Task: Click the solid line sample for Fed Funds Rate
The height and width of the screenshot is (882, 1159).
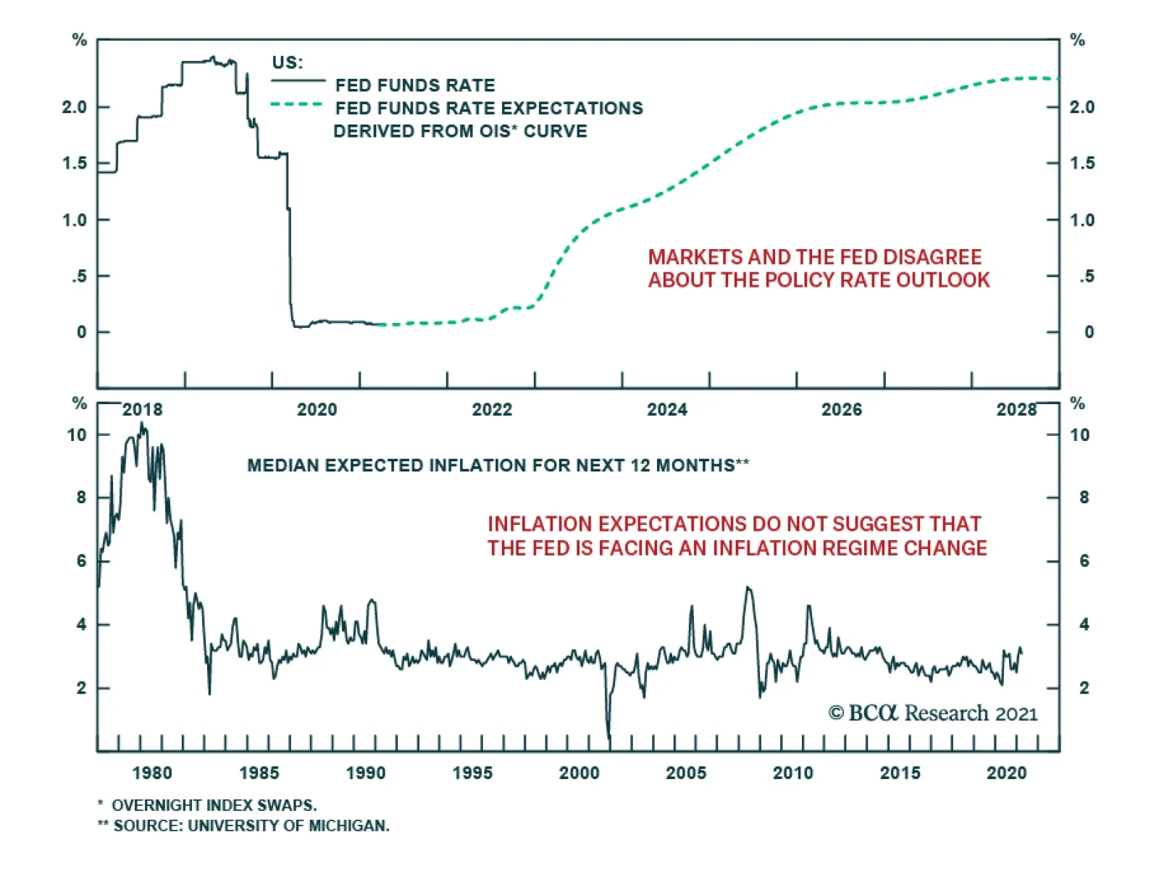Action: pos(298,80)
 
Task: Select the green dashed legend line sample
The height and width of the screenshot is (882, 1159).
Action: pos(296,104)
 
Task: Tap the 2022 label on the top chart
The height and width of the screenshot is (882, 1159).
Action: pos(492,410)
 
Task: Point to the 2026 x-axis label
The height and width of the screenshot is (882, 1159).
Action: pos(841,410)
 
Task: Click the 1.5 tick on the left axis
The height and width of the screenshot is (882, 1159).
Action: pos(75,164)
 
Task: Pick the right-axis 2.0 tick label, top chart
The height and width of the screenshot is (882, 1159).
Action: pos(1082,107)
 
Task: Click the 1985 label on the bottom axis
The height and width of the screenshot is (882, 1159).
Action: pos(259,773)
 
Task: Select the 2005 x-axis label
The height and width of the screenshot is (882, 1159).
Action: pos(685,773)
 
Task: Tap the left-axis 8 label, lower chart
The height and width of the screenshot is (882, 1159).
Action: pos(80,497)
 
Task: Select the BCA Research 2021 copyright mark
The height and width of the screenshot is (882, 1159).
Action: pos(932,713)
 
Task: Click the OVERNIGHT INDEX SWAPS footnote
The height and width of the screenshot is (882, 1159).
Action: pos(214,805)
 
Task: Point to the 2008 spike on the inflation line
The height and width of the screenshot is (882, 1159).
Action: pos(748,588)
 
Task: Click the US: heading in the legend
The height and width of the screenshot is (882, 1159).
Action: pos(288,62)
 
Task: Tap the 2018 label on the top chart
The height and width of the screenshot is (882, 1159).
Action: pos(142,410)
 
